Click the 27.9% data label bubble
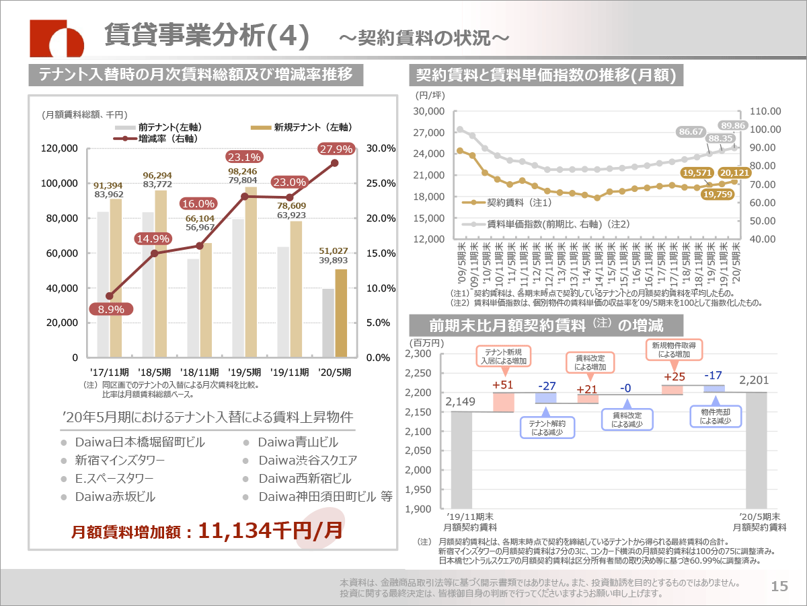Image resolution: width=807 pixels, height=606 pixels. pos(334,149)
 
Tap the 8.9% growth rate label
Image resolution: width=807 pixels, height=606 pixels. pos(111,309)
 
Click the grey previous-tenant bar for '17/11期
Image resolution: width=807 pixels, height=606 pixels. pos(103,284)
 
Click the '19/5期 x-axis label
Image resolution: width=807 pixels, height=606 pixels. pos(245,371)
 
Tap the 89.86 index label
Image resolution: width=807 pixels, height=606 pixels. pos(733,125)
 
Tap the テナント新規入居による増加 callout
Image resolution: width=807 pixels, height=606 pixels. pos(502,356)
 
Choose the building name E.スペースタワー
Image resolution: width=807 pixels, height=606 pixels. pos(114,479)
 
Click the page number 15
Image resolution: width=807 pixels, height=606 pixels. pos(779,586)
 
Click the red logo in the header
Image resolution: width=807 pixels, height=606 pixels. pos(57,39)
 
